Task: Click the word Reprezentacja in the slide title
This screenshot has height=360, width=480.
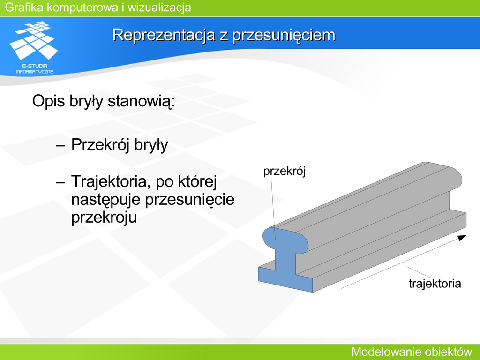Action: [x=164, y=35]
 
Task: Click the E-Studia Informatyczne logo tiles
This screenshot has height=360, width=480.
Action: [x=34, y=40]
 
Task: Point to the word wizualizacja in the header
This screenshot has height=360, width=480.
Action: [x=159, y=7]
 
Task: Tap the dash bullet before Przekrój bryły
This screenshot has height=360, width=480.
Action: [x=60, y=145]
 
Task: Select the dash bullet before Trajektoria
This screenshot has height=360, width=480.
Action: [x=60, y=182]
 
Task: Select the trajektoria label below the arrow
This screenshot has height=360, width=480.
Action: [x=435, y=284]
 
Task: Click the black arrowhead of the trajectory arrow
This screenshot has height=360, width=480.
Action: [x=462, y=238]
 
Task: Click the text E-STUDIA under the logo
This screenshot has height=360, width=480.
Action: [x=35, y=66]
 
